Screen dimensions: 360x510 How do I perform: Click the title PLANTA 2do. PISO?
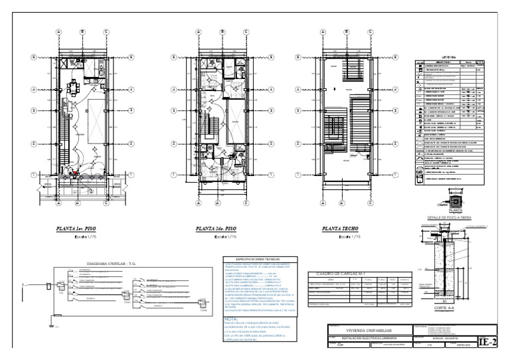(x=216, y=229)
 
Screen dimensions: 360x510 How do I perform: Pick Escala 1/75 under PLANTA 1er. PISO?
(x=80, y=236)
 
